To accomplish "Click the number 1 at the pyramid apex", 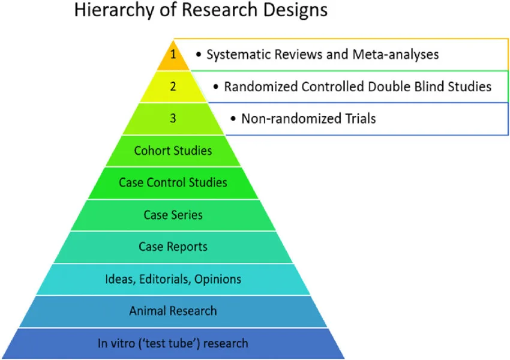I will point(173,54).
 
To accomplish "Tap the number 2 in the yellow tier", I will point(173,86).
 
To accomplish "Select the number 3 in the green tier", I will point(173,118).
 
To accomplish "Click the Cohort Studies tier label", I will point(173,150).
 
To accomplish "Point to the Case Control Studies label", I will point(173,182).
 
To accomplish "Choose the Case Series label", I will point(173,215).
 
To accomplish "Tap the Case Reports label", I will point(173,247).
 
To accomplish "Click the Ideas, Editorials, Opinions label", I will point(173,279).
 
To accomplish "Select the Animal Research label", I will point(173,311).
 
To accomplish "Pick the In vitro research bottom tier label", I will point(173,344).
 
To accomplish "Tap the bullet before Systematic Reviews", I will point(199,55).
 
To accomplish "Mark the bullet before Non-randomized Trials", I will point(233,119).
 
